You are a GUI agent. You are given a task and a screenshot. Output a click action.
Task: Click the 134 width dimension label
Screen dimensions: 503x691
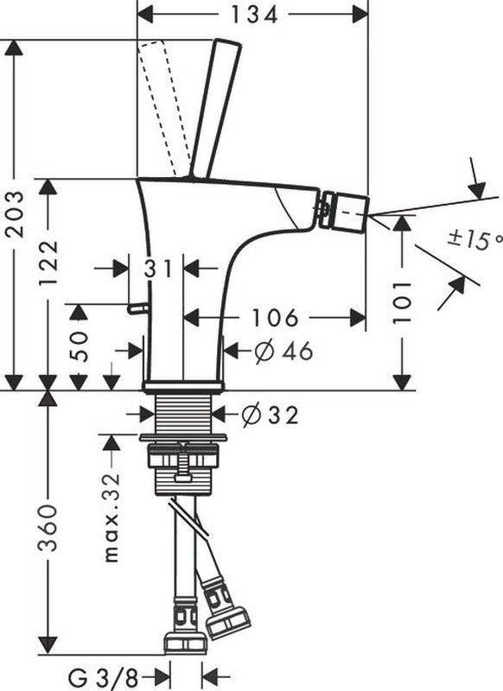[x=255, y=15]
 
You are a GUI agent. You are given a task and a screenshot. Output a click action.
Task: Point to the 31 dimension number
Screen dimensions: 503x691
[x=157, y=269]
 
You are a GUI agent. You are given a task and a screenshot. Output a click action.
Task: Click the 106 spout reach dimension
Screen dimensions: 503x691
[x=274, y=317]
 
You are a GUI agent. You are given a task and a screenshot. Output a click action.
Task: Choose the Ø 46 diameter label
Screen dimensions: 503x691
[x=283, y=352]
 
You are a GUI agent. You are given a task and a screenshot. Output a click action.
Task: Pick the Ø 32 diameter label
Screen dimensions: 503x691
[x=271, y=415]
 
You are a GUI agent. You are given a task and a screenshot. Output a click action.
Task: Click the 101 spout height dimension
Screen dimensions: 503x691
[x=402, y=302]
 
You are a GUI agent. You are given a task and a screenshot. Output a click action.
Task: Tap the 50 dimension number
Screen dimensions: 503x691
[x=80, y=346]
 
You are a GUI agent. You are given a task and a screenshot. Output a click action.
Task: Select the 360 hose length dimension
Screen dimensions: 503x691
[x=48, y=528]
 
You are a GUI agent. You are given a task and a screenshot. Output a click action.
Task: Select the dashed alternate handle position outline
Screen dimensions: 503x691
[x=163, y=109]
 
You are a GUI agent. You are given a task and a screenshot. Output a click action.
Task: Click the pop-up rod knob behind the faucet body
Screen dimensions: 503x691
[x=137, y=308]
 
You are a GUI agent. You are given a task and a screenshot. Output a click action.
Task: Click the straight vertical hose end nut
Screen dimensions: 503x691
[x=185, y=643]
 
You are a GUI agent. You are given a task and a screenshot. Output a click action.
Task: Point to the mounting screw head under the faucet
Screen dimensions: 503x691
[x=182, y=478]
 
